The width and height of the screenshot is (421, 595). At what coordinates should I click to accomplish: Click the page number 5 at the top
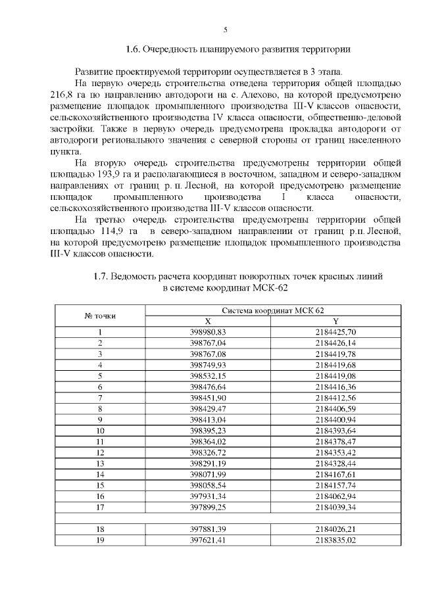(225, 30)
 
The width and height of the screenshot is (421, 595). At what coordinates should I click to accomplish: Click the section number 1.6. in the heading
(133, 49)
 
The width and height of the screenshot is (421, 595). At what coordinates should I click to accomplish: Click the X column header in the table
(208, 321)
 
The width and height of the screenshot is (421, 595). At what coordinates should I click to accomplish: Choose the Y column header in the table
(335, 321)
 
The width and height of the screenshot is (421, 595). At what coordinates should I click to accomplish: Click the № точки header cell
(100, 316)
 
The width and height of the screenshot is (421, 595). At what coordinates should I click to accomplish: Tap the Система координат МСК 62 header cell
(272, 310)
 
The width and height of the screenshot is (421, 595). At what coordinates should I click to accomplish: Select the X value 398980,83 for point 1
(208, 331)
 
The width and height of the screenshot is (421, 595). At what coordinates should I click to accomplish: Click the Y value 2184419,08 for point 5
(335, 375)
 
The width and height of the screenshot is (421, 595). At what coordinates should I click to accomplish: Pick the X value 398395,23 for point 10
(208, 430)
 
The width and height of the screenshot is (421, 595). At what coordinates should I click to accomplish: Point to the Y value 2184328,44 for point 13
(335, 463)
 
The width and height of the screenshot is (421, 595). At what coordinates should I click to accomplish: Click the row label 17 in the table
(100, 507)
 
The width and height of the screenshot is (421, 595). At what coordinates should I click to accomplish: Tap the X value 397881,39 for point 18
(208, 529)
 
